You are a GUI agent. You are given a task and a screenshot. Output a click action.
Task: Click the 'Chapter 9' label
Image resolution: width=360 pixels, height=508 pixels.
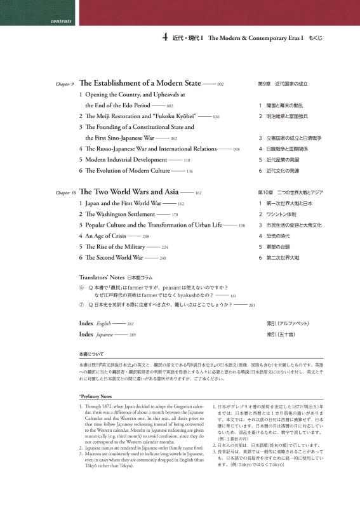click(x=64, y=84)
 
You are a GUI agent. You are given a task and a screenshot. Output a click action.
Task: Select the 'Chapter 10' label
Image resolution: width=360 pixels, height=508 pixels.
click(x=65, y=192)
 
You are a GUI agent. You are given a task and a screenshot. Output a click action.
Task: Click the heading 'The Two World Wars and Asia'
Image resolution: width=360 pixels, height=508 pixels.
click(x=129, y=192)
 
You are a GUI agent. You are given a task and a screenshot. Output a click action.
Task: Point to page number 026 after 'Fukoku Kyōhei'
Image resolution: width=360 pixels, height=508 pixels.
click(x=216, y=117)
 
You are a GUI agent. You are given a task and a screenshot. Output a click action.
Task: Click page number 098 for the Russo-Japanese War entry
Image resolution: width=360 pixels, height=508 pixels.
click(x=236, y=149)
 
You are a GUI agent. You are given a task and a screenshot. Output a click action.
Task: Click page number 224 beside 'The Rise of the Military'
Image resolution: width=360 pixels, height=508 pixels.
click(x=164, y=247)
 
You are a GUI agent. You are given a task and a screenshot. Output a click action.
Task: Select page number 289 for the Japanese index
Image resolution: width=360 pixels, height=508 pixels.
click(x=132, y=334)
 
